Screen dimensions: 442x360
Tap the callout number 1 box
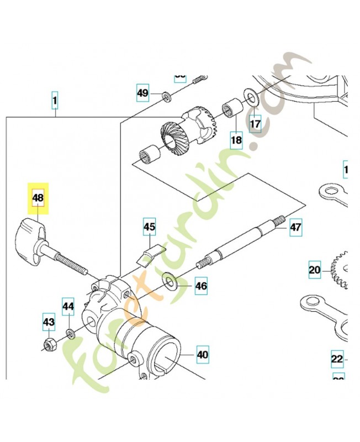click(55, 101)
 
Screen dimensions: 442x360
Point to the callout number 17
click(255, 124)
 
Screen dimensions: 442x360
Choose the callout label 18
click(236, 140)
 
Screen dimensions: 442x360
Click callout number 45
click(150, 227)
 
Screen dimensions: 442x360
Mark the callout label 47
click(296, 227)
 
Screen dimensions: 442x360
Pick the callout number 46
click(201, 286)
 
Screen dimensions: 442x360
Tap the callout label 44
click(68, 306)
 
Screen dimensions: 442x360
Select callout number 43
click(49, 322)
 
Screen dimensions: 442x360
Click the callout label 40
click(203, 355)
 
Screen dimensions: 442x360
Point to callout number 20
click(315, 270)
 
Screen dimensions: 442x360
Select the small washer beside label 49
click(166, 98)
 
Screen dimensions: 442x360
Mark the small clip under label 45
click(147, 256)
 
